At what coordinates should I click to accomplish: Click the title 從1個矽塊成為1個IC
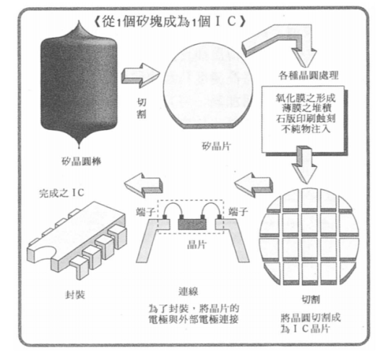click(x=170, y=21)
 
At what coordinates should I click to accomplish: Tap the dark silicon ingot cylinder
click(x=79, y=84)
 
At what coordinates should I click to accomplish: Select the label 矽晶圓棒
click(x=82, y=161)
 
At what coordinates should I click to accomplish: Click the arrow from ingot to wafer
click(x=140, y=76)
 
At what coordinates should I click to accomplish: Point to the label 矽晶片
click(x=217, y=146)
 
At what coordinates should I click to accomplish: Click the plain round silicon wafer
click(x=208, y=86)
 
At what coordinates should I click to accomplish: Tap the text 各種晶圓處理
click(x=309, y=75)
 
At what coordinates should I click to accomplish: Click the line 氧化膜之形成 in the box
click(x=306, y=98)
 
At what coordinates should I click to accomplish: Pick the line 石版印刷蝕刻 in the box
click(x=306, y=119)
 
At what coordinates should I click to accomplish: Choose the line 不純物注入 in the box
click(x=306, y=129)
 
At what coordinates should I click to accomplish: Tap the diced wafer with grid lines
click(x=309, y=237)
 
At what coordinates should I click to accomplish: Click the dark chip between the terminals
click(x=192, y=222)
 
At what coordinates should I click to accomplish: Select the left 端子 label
click(x=146, y=212)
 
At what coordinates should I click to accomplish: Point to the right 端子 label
click(x=238, y=212)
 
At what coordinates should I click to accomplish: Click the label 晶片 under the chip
click(x=197, y=244)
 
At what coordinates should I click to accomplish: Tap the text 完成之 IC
click(x=61, y=193)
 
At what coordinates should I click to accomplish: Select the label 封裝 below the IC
click(x=75, y=295)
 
